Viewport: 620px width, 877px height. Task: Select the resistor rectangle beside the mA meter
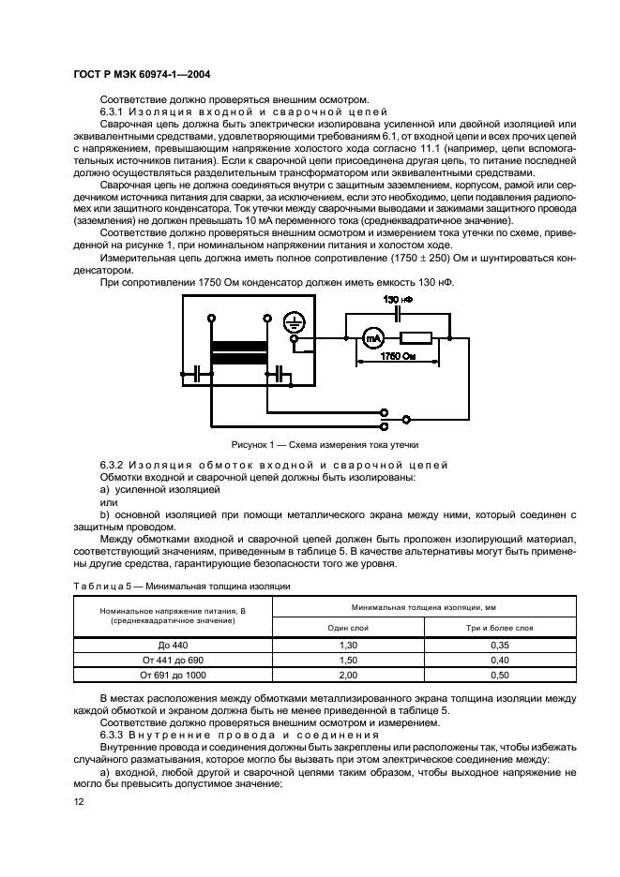(x=414, y=339)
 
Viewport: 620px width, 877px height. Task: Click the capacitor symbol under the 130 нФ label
(x=399, y=314)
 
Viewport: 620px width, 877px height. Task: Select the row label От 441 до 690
(x=171, y=660)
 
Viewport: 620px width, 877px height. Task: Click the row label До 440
(x=171, y=646)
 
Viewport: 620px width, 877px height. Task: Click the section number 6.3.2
(x=113, y=465)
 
